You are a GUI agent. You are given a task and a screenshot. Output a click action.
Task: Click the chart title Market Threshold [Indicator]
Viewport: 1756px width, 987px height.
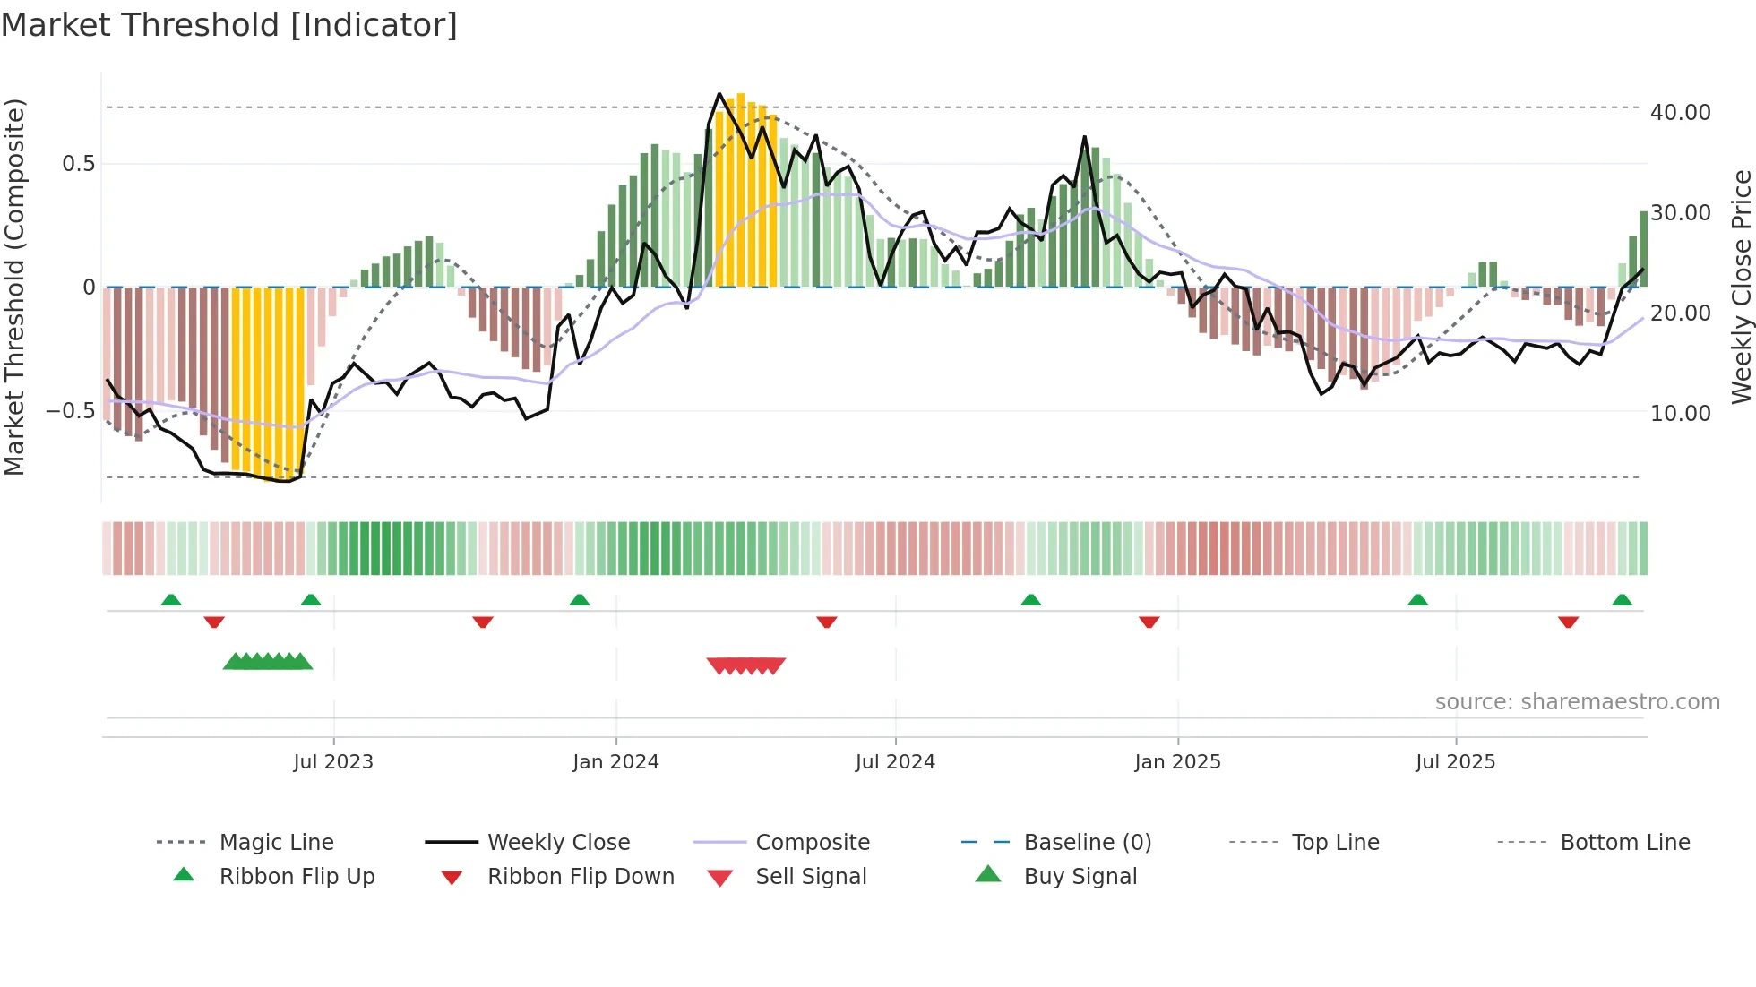(229, 25)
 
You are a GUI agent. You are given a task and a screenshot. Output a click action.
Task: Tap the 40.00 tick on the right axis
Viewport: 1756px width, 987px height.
(1680, 113)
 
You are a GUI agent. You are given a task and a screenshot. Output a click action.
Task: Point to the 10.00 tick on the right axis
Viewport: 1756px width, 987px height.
(1680, 414)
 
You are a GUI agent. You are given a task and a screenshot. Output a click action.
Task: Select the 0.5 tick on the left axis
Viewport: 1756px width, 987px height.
(78, 164)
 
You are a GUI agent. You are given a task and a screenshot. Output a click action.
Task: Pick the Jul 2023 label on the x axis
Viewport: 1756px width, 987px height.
(333, 762)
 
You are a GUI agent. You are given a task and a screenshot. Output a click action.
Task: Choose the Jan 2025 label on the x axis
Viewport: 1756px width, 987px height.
(1177, 762)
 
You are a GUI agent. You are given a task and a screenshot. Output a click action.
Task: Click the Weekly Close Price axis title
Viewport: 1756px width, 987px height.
(1741, 287)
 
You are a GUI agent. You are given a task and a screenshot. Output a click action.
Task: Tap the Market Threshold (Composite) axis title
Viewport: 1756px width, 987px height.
(14, 287)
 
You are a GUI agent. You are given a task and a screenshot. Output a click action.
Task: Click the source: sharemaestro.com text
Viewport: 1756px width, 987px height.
(1577, 702)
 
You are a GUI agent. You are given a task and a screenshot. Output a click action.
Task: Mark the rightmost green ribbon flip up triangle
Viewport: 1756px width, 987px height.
(1622, 600)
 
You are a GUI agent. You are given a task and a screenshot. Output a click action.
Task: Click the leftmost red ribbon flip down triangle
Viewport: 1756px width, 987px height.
(214, 622)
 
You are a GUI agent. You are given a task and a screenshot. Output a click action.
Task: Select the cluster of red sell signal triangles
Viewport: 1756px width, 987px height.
(745, 665)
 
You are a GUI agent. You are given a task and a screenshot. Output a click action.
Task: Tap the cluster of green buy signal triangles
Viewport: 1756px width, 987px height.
(268, 662)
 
